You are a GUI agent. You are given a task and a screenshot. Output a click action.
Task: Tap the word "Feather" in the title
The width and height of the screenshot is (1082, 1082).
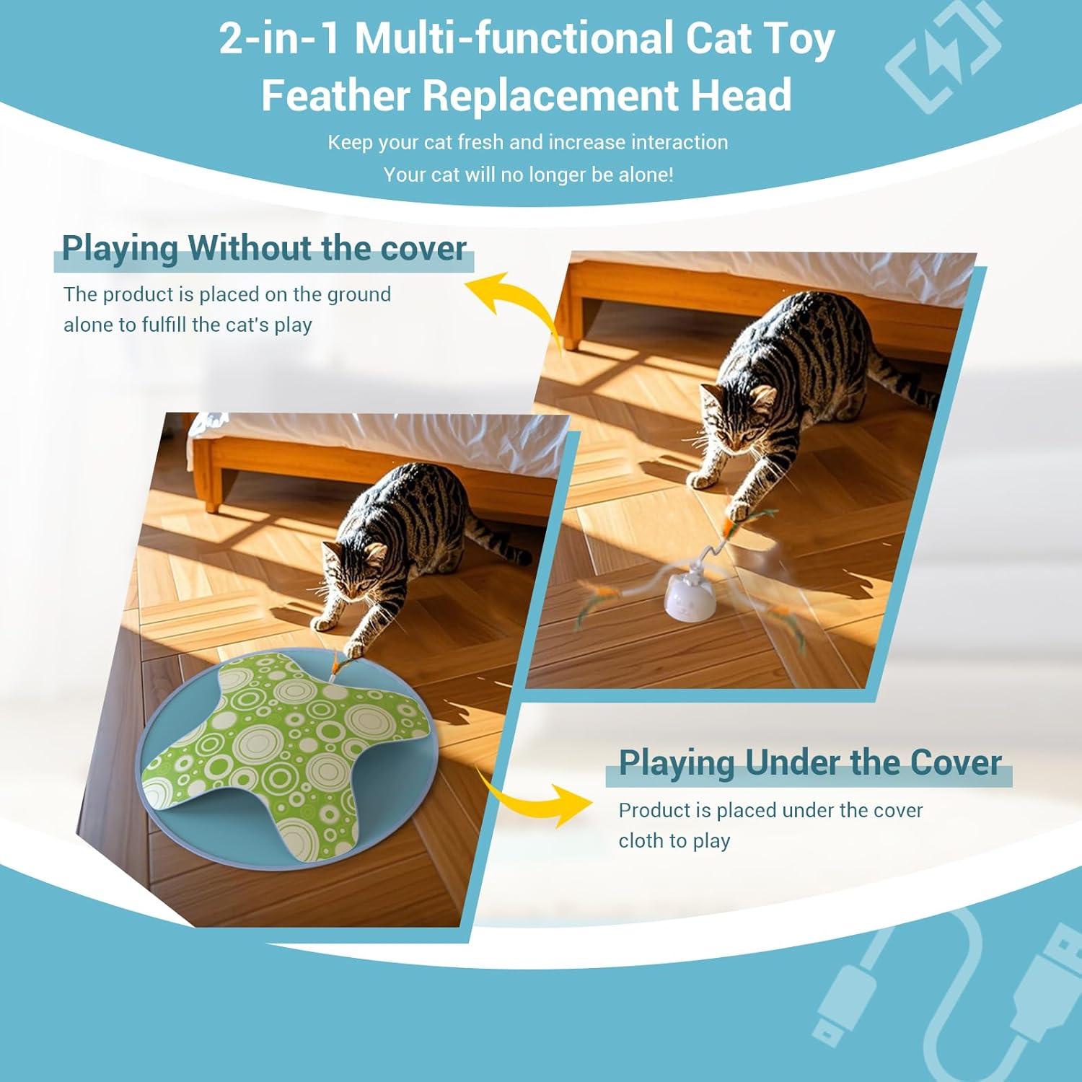point(336,95)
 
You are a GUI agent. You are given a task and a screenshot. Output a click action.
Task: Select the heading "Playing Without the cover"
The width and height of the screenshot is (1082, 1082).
point(264,248)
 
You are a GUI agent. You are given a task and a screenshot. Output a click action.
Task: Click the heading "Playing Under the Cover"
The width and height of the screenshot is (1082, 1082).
point(809,762)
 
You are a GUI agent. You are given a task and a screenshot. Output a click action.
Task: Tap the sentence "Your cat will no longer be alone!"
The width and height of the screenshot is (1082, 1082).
point(528,175)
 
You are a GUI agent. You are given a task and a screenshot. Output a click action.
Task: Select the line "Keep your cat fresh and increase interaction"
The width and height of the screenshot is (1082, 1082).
point(528,142)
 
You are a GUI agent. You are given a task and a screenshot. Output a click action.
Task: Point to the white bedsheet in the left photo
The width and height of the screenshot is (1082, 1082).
point(361,433)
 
